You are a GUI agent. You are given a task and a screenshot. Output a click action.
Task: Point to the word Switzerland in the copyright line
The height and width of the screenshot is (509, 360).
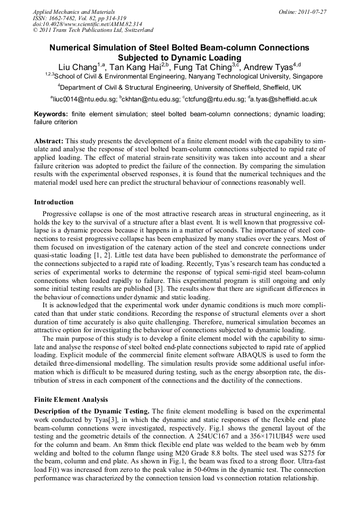pyautogui.click(x=136, y=30)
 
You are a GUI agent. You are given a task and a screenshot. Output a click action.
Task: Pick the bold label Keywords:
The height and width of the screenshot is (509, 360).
pyautogui.click(x=50, y=114)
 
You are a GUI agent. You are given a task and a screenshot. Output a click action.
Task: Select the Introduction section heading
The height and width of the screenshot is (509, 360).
pyautogui.click(x=54, y=202)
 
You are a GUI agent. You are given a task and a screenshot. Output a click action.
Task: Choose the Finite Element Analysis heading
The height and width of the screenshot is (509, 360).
pyautogui.click(x=71, y=400)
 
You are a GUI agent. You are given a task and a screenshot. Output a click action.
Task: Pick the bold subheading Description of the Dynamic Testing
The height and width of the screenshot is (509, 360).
pyautogui.click(x=92, y=411)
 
